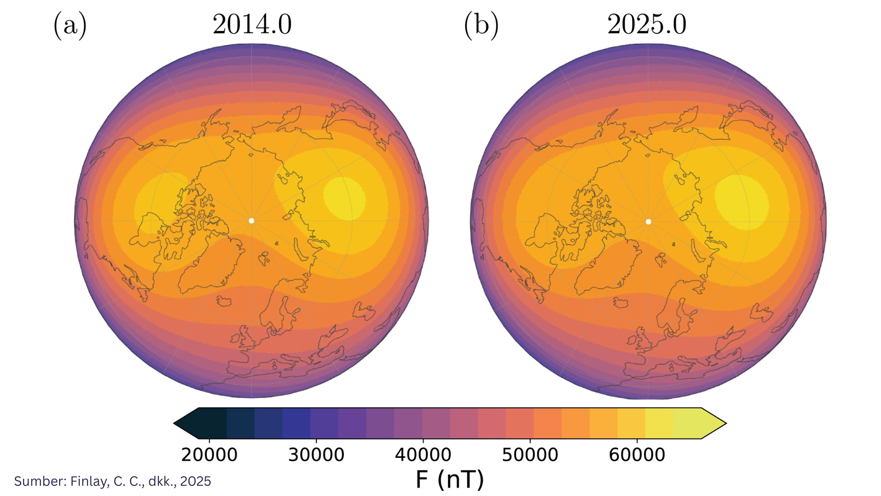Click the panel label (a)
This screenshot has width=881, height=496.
tap(70, 26)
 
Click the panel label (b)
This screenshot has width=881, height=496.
tap(481, 26)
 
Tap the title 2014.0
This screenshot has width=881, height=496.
tap(252, 24)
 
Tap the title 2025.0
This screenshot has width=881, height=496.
tap(647, 24)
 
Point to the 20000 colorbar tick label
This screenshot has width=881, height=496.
tap(209, 455)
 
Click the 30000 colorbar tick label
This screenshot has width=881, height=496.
tap(316, 455)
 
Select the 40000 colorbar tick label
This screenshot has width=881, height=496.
tap(423, 455)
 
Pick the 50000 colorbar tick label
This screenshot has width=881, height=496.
tap(530, 455)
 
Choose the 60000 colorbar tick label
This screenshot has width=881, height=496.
tap(637, 455)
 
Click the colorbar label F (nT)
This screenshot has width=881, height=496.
tap(450, 479)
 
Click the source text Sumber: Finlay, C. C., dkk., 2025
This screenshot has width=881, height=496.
tap(112, 481)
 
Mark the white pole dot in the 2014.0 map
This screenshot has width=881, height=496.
tap(252, 221)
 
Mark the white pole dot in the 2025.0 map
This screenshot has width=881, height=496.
tap(649, 222)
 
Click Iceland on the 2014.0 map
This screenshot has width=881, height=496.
tap(224, 302)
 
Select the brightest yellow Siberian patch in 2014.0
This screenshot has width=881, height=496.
tap(345, 198)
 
